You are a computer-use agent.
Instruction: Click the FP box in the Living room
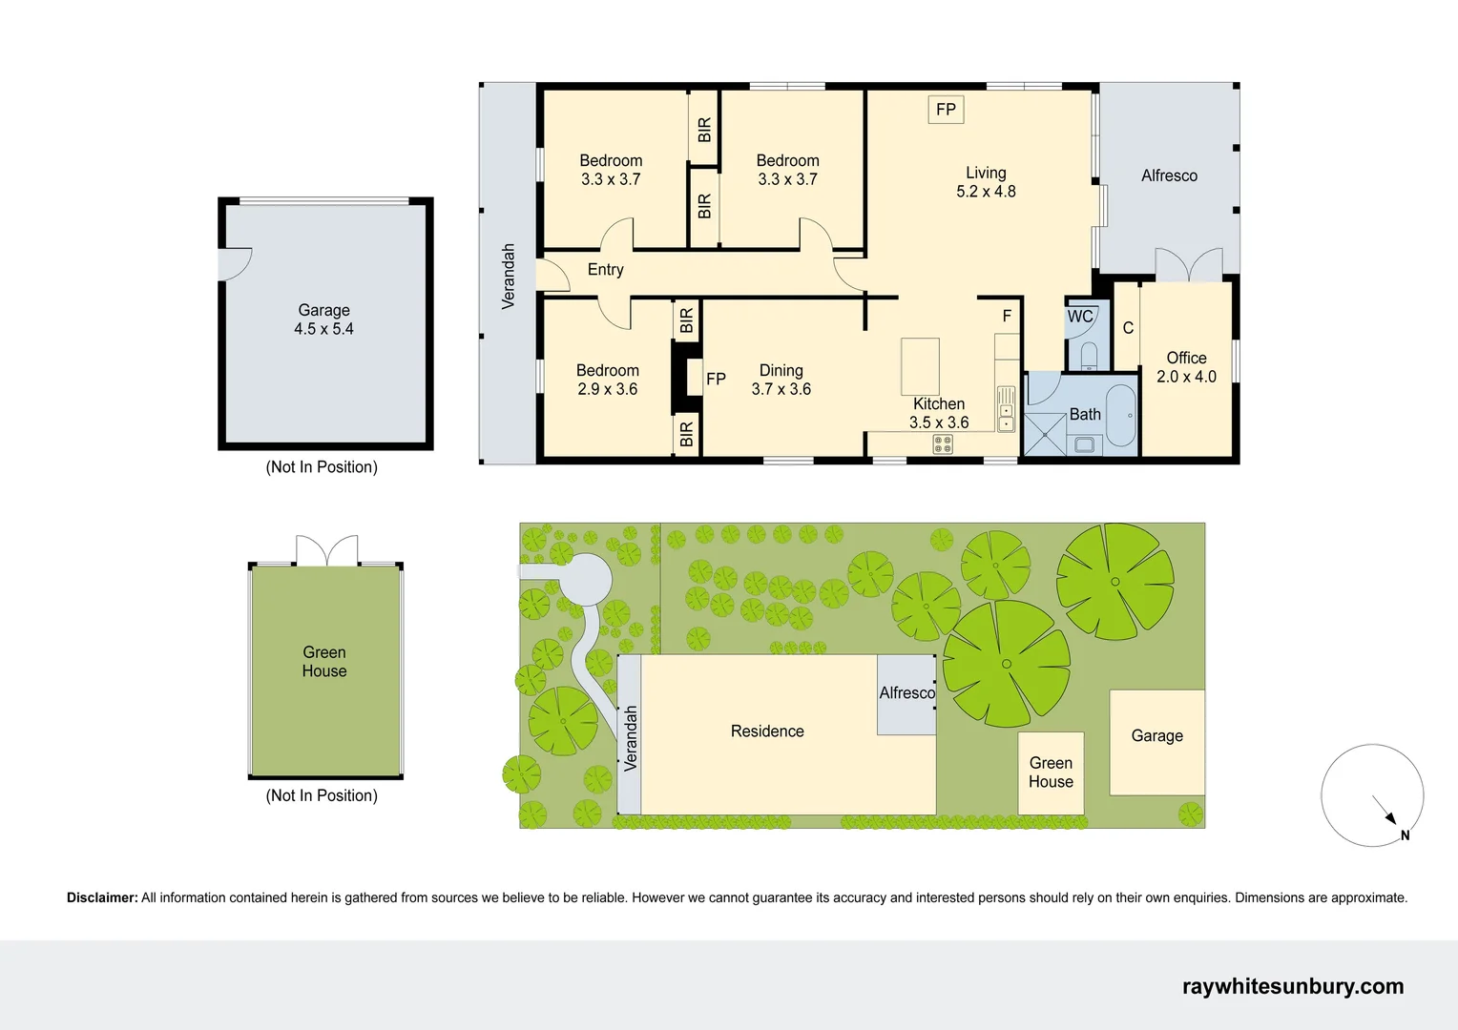[x=946, y=110]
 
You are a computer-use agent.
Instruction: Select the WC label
[x=1080, y=317]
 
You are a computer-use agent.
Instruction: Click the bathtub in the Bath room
[x=1120, y=416]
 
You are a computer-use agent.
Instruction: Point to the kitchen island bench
[x=920, y=365]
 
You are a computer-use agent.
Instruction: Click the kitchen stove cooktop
[x=943, y=443]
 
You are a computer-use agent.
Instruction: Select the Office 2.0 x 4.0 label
[x=1186, y=367]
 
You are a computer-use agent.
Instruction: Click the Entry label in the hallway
[x=605, y=270]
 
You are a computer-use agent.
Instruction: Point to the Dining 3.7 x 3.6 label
[x=781, y=380]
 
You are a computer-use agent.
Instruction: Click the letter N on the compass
[x=1405, y=835]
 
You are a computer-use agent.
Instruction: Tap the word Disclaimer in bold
[x=102, y=897]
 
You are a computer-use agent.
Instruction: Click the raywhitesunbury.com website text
[x=1292, y=986]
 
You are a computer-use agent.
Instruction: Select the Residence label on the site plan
[x=767, y=731]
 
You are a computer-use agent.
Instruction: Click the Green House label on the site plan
[x=1051, y=772]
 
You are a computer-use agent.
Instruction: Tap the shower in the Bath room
[x=1044, y=435]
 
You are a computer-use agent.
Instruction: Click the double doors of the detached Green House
[x=326, y=551]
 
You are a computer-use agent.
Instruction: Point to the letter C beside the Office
[x=1128, y=328]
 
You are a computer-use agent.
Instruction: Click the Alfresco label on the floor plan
[x=1169, y=175]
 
